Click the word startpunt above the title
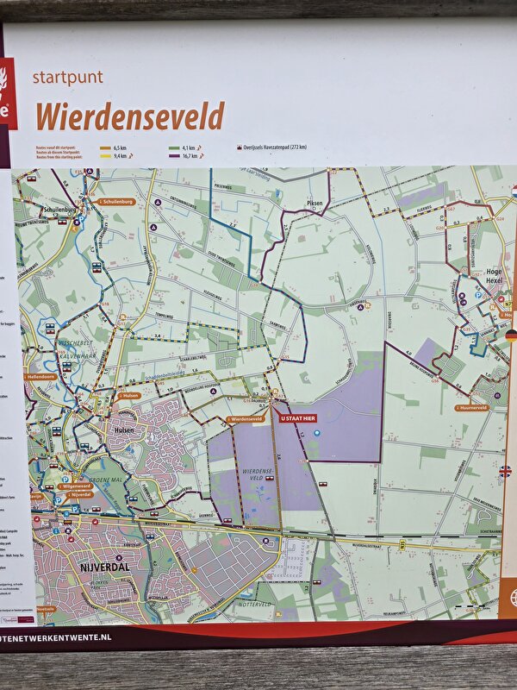pos(67,78)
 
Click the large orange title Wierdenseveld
pos(129,115)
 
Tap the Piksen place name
pos(314,204)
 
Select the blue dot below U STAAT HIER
pos(317,431)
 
